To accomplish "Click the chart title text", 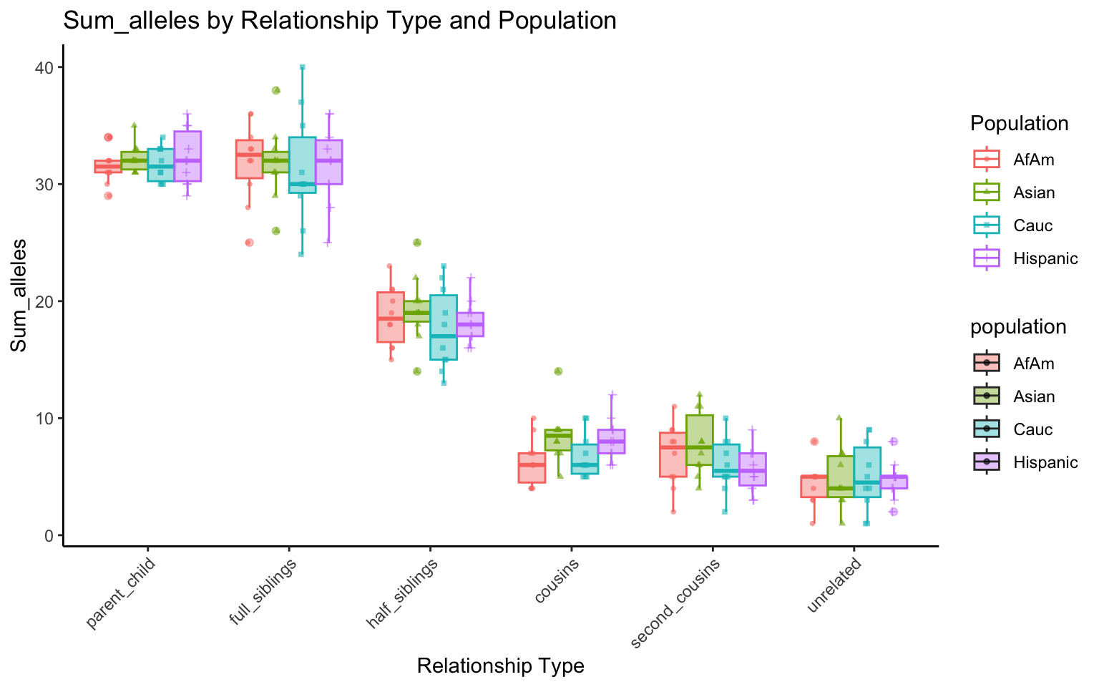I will [340, 20].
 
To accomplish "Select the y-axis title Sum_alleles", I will [19, 296].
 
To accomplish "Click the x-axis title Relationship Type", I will [500, 666].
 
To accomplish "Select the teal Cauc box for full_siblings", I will [302, 165].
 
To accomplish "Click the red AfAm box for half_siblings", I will [391, 317].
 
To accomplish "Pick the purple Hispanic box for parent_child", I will [187, 156].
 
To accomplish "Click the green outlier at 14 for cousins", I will [558, 371].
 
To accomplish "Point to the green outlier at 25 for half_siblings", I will [417, 243].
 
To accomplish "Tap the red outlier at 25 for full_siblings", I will [249, 243].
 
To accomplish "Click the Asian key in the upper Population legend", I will [987, 193].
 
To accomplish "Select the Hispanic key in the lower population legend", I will [987, 462].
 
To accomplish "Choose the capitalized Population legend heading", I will [1019, 124].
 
